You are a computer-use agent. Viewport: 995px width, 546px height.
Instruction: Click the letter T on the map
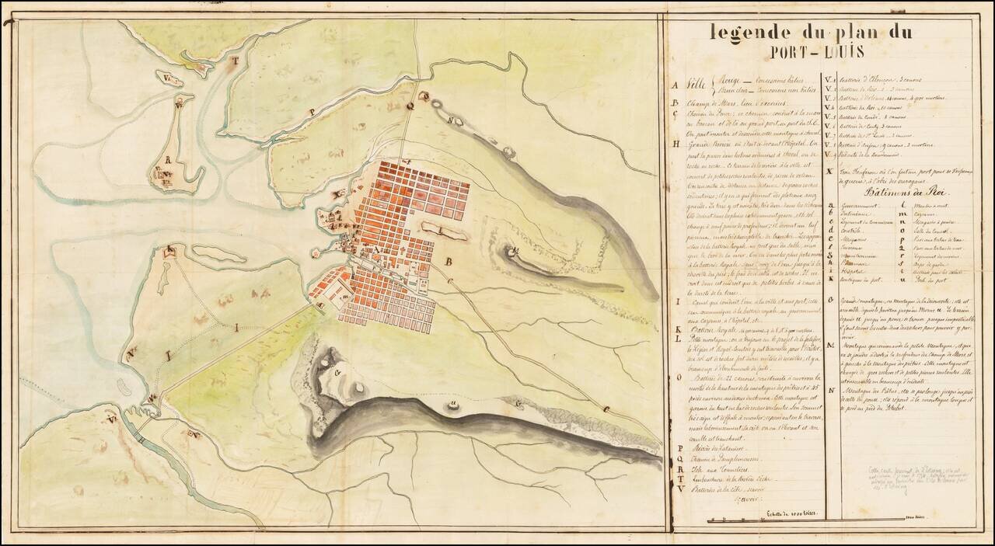coord(239,59)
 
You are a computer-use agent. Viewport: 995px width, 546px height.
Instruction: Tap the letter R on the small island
coord(166,164)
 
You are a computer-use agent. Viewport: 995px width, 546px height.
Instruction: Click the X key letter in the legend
coord(830,170)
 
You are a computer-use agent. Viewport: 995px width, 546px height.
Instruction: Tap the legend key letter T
coord(679,479)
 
